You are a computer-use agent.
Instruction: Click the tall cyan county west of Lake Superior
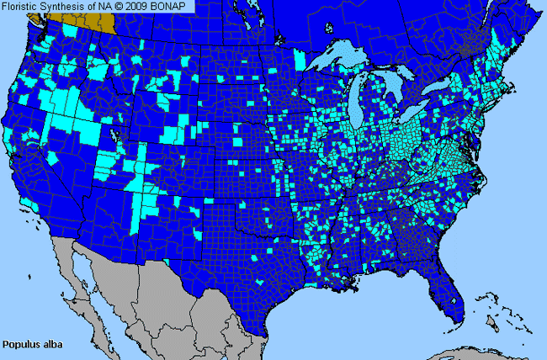click(x=300, y=59)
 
